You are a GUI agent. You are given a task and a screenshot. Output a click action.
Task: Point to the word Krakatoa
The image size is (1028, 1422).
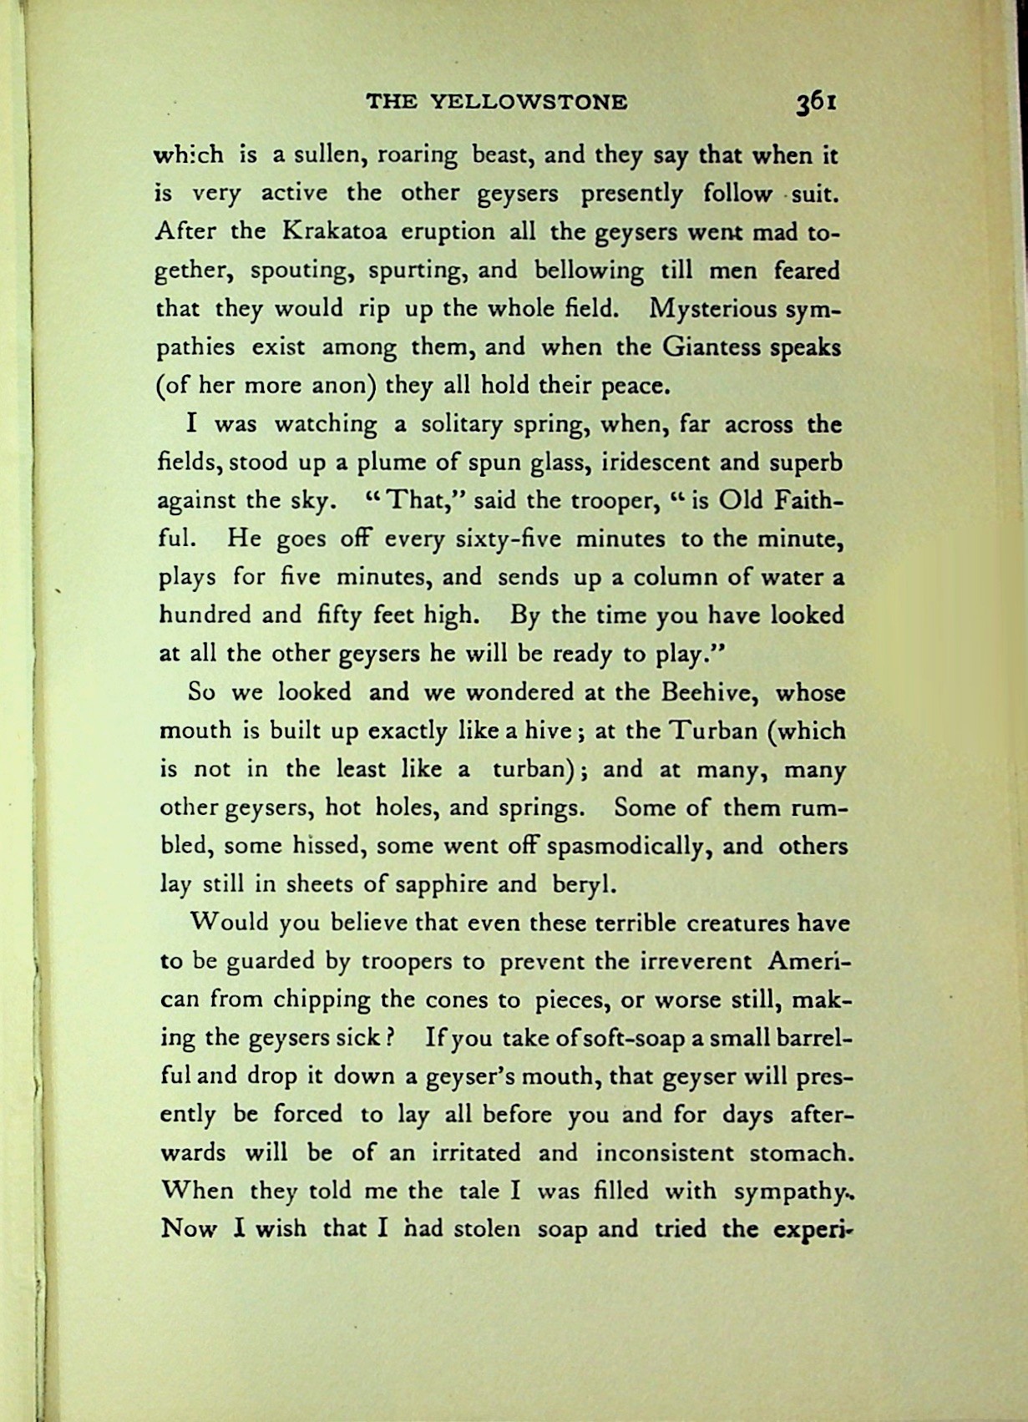336,231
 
